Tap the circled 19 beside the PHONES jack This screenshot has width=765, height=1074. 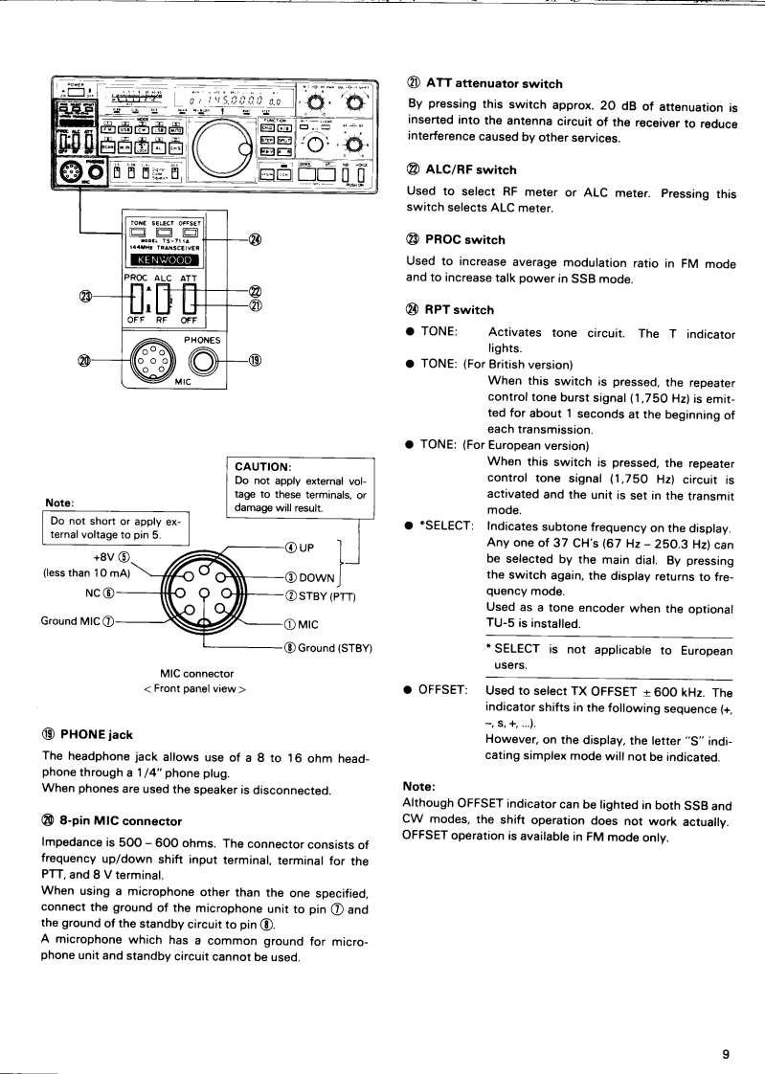click(x=256, y=361)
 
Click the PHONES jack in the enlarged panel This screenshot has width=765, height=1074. click(x=202, y=361)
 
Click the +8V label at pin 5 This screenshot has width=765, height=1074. click(x=106, y=559)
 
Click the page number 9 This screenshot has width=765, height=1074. click(x=726, y=1054)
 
